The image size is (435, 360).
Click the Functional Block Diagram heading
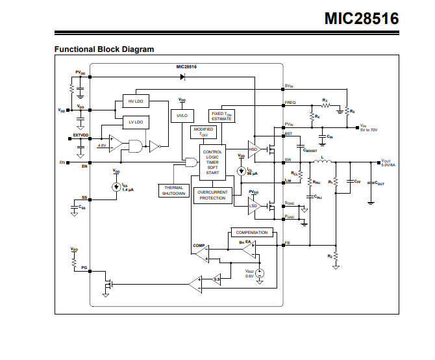(104, 49)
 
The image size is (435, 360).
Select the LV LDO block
(136, 122)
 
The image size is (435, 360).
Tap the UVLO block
(181, 116)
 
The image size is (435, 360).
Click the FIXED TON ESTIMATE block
(221, 116)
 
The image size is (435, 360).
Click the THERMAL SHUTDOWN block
(173, 190)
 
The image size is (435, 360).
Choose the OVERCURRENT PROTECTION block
(212, 195)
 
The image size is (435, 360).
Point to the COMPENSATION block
(251, 232)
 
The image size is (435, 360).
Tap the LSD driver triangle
(255, 206)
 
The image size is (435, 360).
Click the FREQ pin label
(290, 103)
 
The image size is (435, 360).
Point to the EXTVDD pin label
(81, 136)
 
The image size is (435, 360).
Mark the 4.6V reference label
(102, 146)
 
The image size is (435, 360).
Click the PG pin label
(84, 267)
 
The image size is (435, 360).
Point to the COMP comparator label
(198, 246)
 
